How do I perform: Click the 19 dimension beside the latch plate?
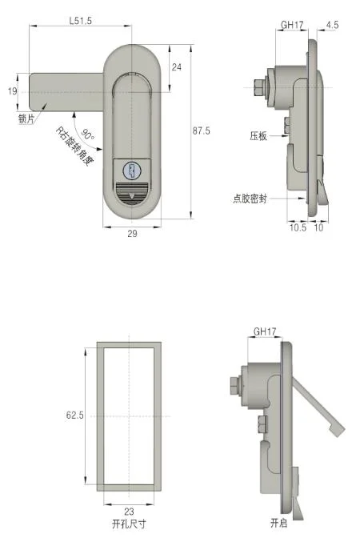point(11,91)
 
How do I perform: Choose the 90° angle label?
point(87,138)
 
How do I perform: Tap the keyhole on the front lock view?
point(132,170)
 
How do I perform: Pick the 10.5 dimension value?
point(298,228)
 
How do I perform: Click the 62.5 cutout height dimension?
point(74,416)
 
